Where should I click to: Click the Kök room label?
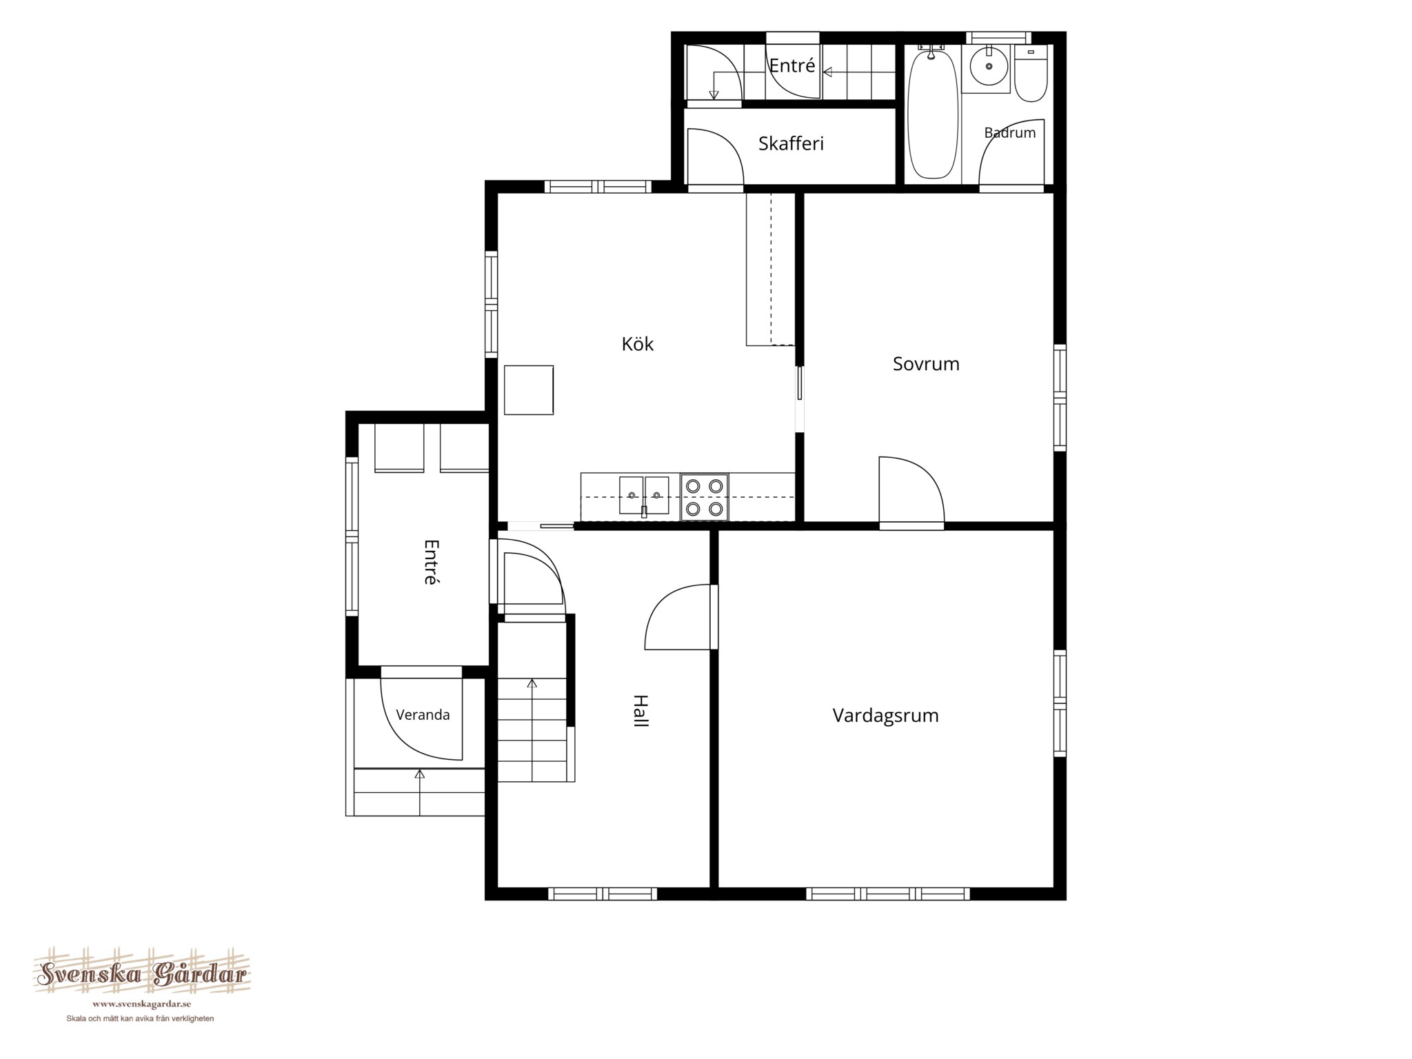(637, 343)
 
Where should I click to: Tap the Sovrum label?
(926, 363)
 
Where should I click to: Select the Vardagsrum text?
(885, 716)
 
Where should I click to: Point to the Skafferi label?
(791, 143)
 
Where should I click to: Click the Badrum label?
(1009, 133)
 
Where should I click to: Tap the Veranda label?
(423, 715)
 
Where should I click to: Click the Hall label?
(641, 711)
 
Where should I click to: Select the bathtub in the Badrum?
(933, 114)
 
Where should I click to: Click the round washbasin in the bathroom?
(988, 68)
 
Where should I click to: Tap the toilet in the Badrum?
(1031, 74)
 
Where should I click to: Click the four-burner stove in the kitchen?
(704, 497)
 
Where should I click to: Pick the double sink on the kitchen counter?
(644, 495)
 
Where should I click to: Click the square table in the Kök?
(529, 390)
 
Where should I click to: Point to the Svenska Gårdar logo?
(142, 975)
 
